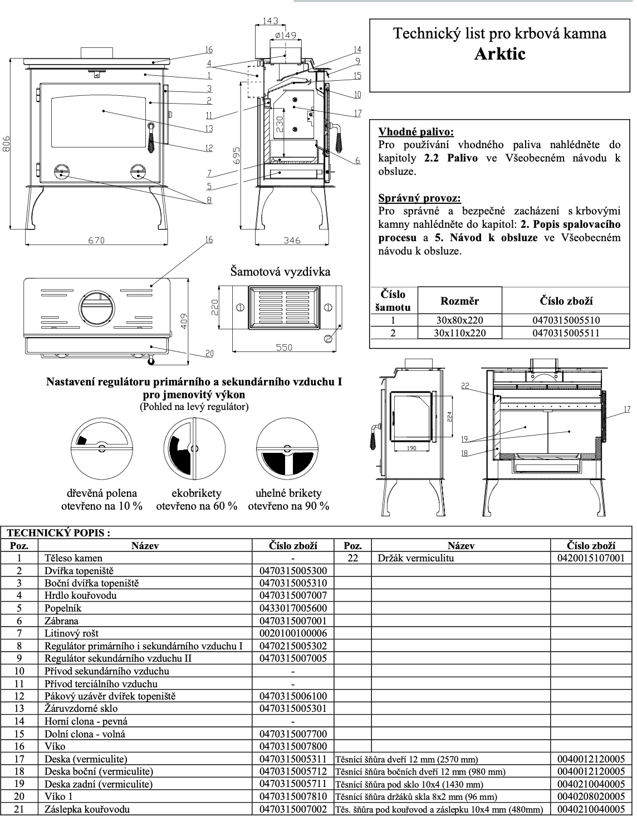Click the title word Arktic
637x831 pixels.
point(499,54)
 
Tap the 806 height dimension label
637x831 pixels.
point(6,144)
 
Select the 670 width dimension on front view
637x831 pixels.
point(96,241)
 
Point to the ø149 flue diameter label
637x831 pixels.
point(286,35)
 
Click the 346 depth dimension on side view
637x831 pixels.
point(292,241)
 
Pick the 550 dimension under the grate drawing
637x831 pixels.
point(284,348)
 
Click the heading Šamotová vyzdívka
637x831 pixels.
point(280,272)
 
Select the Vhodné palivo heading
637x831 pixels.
point(416,132)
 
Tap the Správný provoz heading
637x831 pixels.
point(419,198)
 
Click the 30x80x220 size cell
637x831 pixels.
point(459,320)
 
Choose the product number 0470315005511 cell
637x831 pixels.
point(566,333)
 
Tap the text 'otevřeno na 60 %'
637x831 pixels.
point(197,506)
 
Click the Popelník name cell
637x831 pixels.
point(63,608)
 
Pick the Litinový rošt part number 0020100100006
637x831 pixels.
point(293,633)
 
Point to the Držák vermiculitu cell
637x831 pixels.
point(415,558)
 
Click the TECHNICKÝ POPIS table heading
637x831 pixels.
point(58,532)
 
